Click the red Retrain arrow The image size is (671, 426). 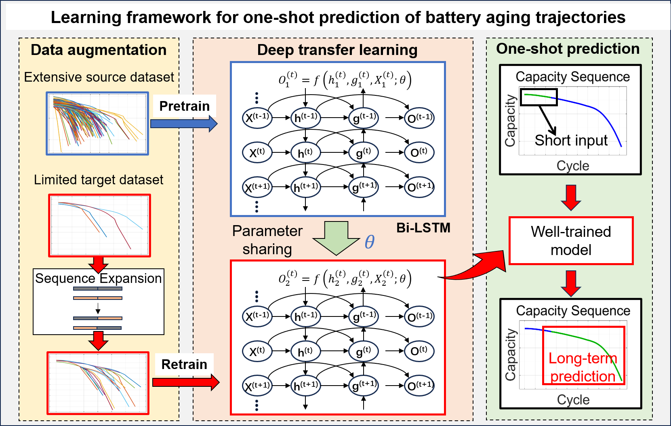(x=185, y=382)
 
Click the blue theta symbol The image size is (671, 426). (x=369, y=242)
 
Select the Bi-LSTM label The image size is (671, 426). (x=423, y=228)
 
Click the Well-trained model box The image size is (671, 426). (x=571, y=241)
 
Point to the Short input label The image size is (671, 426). (x=571, y=140)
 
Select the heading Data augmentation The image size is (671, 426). (x=99, y=50)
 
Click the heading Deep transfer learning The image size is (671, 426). (x=337, y=50)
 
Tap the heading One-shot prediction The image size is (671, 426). (x=568, y=49)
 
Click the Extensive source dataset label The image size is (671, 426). (x=99, y=77)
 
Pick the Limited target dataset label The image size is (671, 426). (x=99, y=179)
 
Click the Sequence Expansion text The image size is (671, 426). (x=98, y=278)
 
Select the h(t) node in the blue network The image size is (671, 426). (x=305, y=153)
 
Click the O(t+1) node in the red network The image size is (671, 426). (x=419, y=386)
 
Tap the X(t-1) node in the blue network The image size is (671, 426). (x=257, y=118)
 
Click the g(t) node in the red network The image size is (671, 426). (x=363, y=351)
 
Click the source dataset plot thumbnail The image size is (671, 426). (x=97, y=124)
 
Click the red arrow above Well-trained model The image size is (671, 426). (x=571, y=197)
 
